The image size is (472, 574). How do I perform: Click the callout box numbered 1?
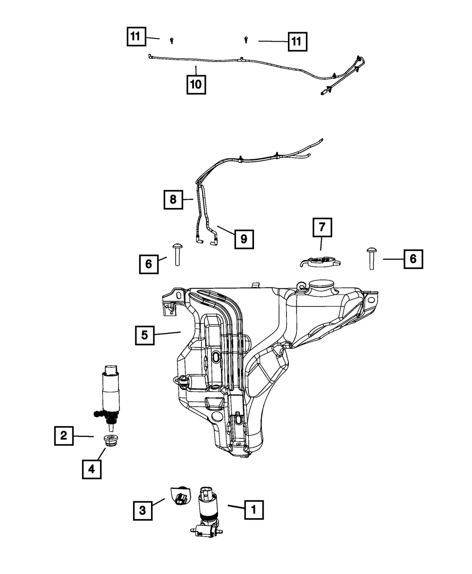click(253, 510)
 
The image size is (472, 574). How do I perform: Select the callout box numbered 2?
click(64, 436)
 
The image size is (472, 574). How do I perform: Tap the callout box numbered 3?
click(143, 510)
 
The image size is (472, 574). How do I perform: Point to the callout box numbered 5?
click(144, 335)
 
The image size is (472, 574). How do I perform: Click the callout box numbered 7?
click(322, 227)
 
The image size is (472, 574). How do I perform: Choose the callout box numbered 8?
click(173, 200)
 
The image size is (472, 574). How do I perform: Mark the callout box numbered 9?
click(244, 239)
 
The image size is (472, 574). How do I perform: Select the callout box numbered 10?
click(195, 85)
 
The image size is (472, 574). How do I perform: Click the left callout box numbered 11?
click(136, 36)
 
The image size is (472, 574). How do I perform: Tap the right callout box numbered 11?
click(295, 42)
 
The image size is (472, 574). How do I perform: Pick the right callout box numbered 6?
click(413, 259)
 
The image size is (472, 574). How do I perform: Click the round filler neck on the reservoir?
click(321, 287)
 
